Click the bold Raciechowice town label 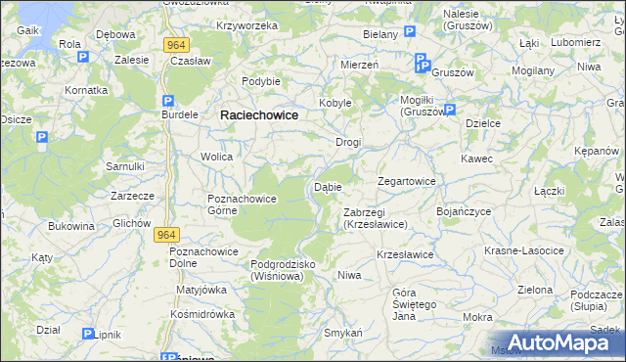click(259, 114)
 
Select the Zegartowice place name click(407, 181)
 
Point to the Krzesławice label click(405, 254)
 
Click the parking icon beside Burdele click(168, 101)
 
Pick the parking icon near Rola click(83, 57)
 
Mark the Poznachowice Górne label click(242, 204)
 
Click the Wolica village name click(216, 157)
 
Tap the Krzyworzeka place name click(247, 25)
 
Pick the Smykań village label click(343, 333)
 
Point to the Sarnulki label click(125, 166)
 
